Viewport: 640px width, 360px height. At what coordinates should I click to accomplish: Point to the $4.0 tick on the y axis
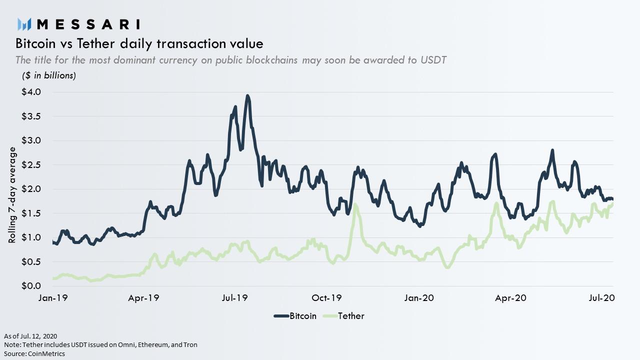(31, 92)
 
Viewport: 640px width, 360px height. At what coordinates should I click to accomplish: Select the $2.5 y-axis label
(31, 165)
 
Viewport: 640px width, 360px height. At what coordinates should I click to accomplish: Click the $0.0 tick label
(31, 286)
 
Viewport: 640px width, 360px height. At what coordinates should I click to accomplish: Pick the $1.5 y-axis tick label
(31, 213)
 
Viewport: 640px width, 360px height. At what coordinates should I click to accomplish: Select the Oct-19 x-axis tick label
(326, 298)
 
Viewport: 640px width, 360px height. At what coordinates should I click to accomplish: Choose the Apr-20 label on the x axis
(510, 298)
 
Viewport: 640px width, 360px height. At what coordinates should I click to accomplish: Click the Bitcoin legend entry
(295, 316)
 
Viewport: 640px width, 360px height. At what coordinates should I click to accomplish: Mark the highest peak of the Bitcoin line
(247, 95)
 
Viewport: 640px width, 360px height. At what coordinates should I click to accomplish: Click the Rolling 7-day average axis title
(12, 195)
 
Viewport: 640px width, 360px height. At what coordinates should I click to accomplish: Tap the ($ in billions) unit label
(48, 75)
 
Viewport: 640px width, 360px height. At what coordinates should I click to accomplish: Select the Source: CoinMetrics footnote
(34, 353)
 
